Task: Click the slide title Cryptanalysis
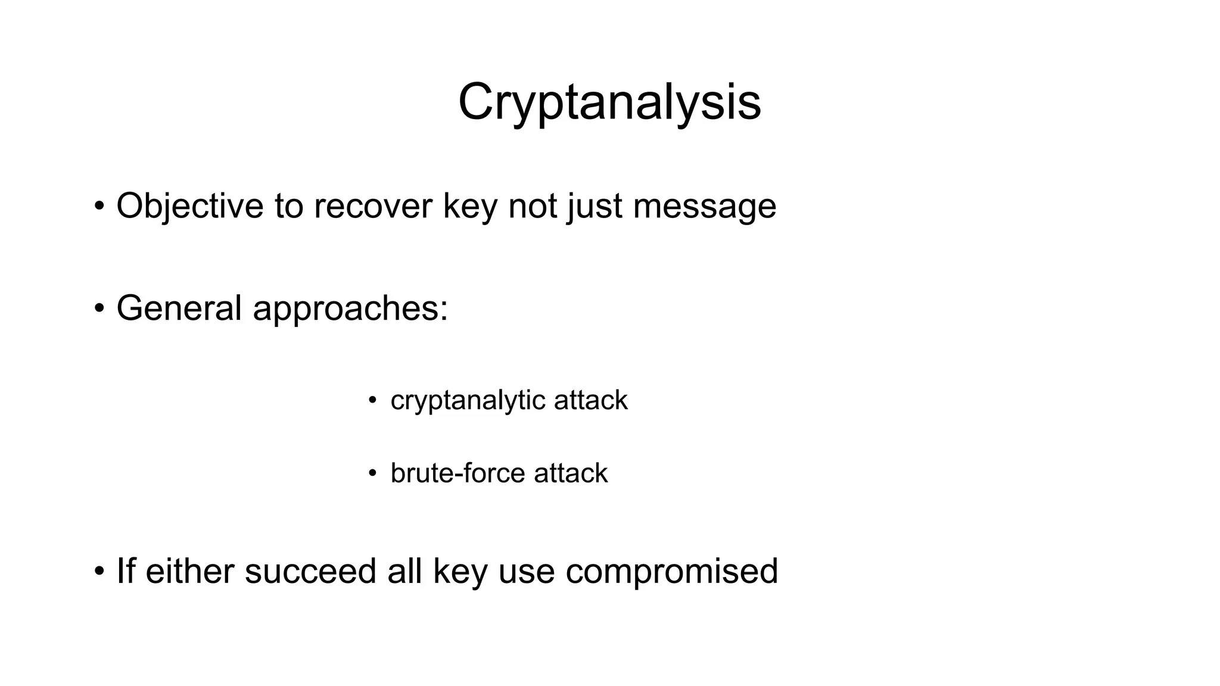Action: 609,102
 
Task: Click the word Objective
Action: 189,206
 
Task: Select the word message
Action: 704,206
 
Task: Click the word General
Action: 179,308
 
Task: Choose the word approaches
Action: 350,308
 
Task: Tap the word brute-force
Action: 457,473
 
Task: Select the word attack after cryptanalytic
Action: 590,400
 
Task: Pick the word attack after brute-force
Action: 571,473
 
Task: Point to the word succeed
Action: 310,571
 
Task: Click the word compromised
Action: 671,571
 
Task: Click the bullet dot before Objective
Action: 99,207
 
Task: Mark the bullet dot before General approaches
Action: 99,309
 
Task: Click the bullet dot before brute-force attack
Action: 372,474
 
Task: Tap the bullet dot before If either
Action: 99,572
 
